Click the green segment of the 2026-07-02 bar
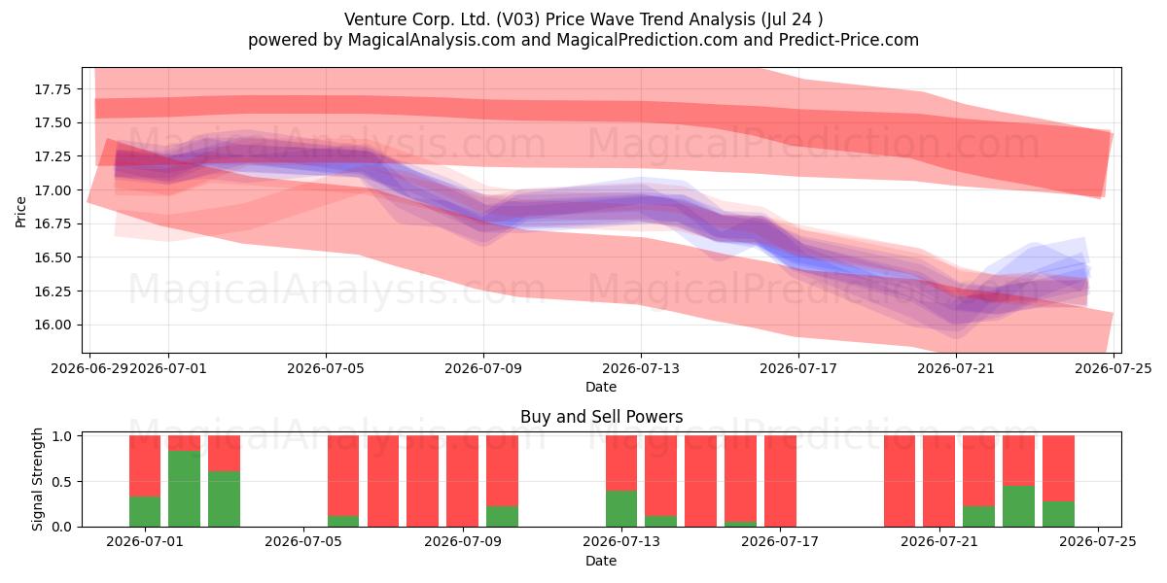pos(184,489)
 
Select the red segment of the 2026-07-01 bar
pos(145,465)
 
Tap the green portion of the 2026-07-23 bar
pos(1018,506)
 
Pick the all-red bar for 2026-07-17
pos(780,481)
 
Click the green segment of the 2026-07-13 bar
pos(621,508)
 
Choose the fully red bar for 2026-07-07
pos(383,481)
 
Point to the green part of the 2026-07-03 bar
pos(224,499)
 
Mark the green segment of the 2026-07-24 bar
pos(1059,514)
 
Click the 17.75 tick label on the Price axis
pos(53,89)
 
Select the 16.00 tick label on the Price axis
pos(53,326)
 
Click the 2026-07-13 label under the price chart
pos(641,368)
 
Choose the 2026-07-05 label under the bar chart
pos(303,542)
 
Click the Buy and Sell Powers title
pos(601,417)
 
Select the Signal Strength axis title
pos(37,479)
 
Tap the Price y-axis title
pos(20,212)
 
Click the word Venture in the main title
pos(376,19)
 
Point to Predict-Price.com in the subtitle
pos(849,40)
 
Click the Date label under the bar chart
pos(601,561)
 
